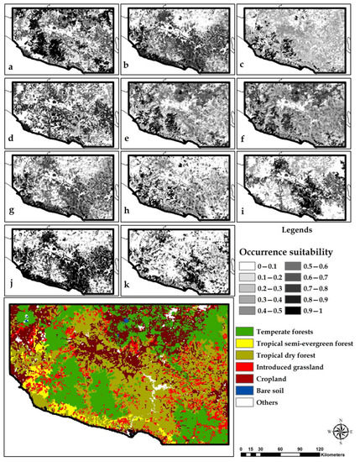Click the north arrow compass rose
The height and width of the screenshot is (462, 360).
tap(341, 433)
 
